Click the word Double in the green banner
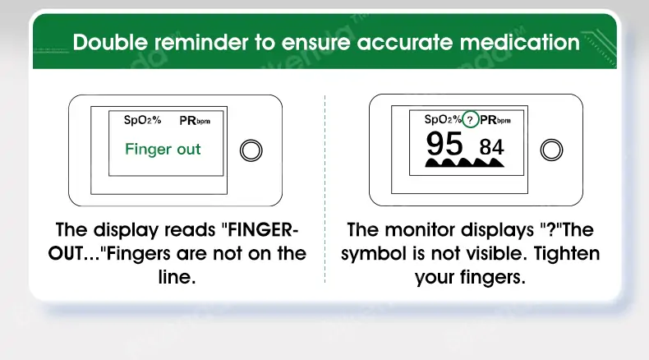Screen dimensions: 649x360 (x=110, y=42)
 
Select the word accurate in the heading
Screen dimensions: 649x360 (x=404, y=43)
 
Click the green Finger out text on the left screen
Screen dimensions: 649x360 (x=163, y=149)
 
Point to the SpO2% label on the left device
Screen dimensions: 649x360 (x=142, y=120)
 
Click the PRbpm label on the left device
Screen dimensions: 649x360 (x=195, y=121)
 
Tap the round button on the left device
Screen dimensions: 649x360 (x=251, y=150)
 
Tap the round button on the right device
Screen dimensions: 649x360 (x=551, y=150)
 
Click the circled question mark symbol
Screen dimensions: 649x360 (x=470, y=120)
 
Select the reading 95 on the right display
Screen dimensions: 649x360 (x=444, y=143)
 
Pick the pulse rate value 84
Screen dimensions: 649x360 (x=492, y=147)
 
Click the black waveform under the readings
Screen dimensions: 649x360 (x=465, y=162)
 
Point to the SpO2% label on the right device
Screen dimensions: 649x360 (x=443, y=119)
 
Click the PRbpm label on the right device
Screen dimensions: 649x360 (x=495, y=120)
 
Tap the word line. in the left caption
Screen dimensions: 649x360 (x=177, y=277)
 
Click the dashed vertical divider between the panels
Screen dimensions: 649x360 (x=325, y=189)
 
